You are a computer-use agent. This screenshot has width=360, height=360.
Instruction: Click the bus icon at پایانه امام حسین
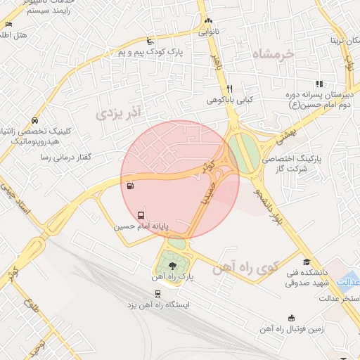[x=141, y=214]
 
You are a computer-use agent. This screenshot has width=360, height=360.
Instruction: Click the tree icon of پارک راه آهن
[x=174, y=264]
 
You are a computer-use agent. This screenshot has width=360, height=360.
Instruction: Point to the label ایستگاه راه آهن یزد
[x=157, y=306]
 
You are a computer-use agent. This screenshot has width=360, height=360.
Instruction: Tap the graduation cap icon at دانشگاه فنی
[x=307, y=262]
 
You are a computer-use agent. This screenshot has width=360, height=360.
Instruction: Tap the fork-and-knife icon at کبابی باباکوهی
[x=229, y=89]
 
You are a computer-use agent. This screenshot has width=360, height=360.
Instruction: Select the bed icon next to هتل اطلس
[x=8, y=25]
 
